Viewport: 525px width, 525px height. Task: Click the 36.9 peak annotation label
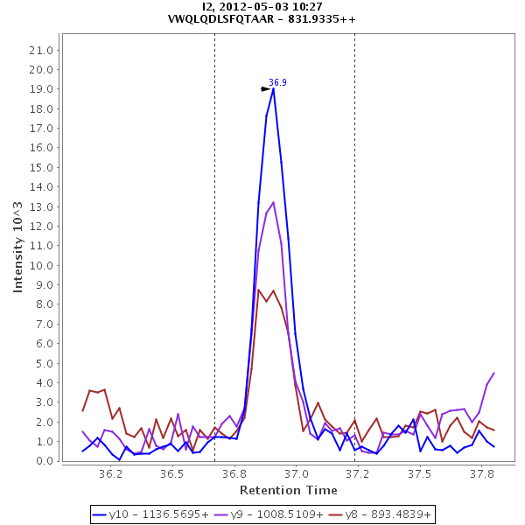pyautogui.click(x=277, y=82)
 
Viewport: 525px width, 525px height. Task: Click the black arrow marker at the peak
pyautogui.click(x=266, y=88)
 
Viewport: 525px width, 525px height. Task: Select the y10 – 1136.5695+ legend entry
pyautogui.click(x=150, y=514)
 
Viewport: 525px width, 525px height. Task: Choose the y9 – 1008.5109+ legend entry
pyautogui.click(x=264, y=514)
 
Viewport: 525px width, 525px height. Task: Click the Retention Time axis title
pyautogui.click(x=288, y=490)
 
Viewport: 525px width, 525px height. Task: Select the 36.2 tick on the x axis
pyautogui.click(x=110, y=474)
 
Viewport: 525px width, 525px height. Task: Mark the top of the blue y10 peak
pyautogui.click(x=274, y=88)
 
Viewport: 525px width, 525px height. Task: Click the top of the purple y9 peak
pyautogui.click(x=274, y=202)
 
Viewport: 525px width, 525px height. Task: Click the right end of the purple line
pyautogui.click(x=494, y=373)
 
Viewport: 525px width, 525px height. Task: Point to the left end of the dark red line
pyautogui.click(x=82, y=410)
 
